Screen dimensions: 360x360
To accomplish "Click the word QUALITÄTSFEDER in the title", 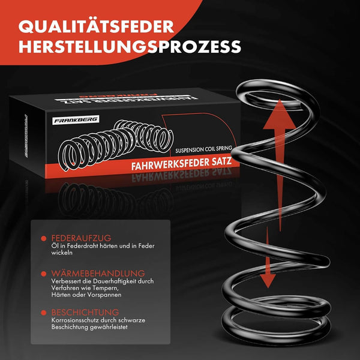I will [x=96, y=27].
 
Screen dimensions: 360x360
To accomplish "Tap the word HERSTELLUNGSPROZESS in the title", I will [x=130, y=46].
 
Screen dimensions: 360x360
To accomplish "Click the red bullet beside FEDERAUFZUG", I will [x=44, y=239].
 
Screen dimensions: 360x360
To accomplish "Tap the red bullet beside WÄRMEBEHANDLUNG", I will [x=44, y=274].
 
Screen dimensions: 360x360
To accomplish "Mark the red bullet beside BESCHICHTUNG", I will [x=44, y=313].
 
